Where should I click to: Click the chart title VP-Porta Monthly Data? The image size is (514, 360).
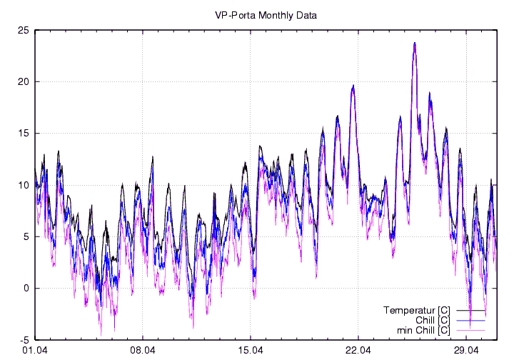pos(266,14)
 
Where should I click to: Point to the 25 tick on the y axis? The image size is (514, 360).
pos(23,30)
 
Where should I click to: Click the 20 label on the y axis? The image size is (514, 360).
pos(23,81)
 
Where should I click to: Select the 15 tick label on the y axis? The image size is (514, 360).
pos(23,134)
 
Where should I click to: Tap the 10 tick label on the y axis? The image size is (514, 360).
pos(23,185)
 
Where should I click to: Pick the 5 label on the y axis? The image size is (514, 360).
pos(26,236)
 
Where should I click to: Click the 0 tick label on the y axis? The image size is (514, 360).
pos(26,288)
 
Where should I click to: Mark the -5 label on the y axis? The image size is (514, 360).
pos(24,340)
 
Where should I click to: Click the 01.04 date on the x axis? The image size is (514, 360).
pos(35,350)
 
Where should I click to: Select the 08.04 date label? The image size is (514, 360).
pos(143,350)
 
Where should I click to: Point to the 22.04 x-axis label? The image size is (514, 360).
pos(358,350)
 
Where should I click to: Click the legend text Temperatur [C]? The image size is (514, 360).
pos(416,310)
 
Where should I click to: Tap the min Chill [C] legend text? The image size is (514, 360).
pos(423,330)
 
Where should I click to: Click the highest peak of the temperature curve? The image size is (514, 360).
pos(414,43)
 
